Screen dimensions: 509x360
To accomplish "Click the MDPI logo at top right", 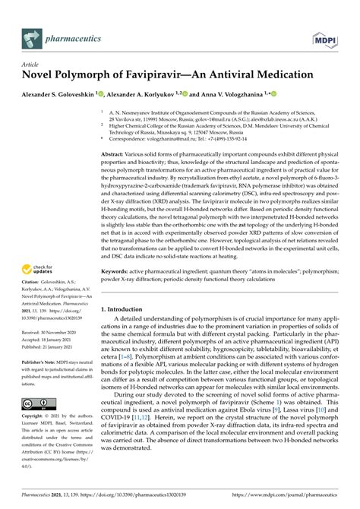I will pos(324,35).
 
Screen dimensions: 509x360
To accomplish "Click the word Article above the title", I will pos(32,66).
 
